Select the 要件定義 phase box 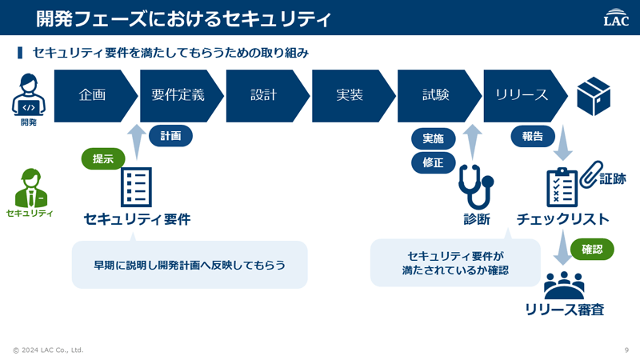(x=178, y=95)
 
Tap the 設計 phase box (x=264, y=95)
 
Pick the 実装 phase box (x=350, y=95)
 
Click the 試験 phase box (x=436, y=95)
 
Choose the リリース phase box (x=522, y=95)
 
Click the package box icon (x=594, y=95)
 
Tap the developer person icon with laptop (x=28, y=94)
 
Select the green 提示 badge (x=104, y=158)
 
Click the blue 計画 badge (x=170, y=136)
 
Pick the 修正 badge (x=434, y=162)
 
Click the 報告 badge (x=533, y=136)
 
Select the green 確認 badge (x=592, y=249)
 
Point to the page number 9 (x=626, y=350)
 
